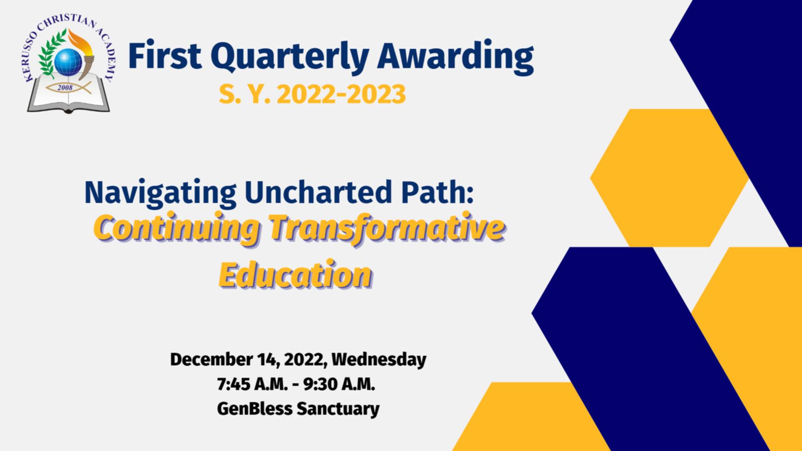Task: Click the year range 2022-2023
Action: tap(341, 94)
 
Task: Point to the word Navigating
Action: tap(160, 193)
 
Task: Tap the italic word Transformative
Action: tap(386, 229)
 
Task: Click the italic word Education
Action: tap(295, 275)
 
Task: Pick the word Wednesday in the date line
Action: tap(379, 360)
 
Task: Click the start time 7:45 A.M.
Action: tap(252, 384)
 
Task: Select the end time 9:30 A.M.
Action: tap(339, 384)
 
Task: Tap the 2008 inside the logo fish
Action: tap(65, 88)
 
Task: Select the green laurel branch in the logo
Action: tap(51, 54)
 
